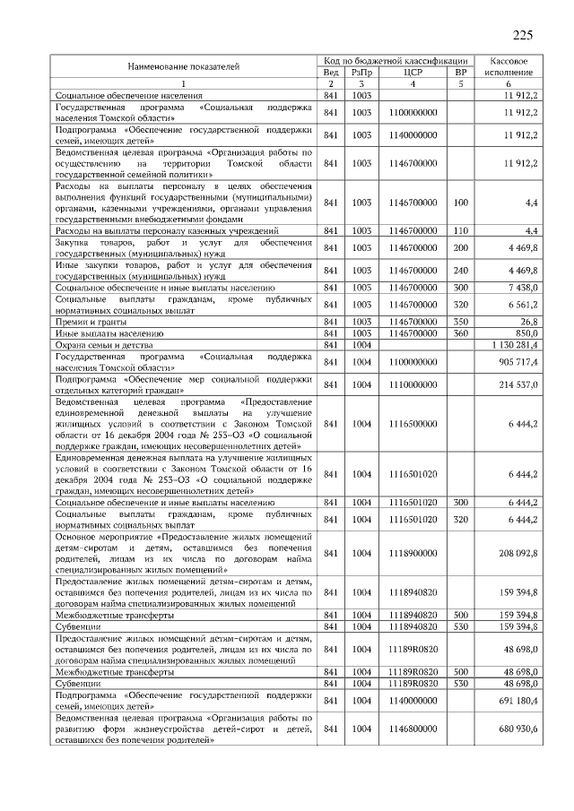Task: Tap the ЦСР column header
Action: coord(413,73)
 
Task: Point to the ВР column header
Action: coord(461,73)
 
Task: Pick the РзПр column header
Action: coord(361,73)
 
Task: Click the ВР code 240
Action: coord(461,271)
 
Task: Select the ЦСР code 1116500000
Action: coord(413,424)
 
